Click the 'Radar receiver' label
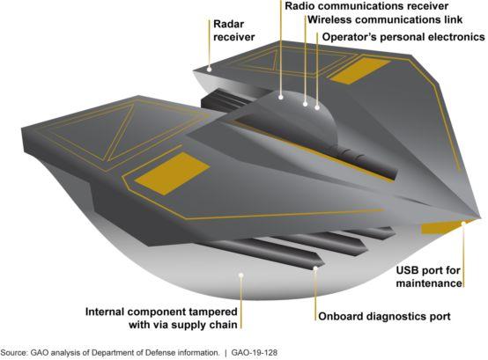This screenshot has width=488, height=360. (x=234, y=31)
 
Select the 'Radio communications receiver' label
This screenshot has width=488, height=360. (x=366, y=6)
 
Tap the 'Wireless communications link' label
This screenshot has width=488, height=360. (x=385, y=19)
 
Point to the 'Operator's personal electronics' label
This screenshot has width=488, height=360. (x=403, y=37)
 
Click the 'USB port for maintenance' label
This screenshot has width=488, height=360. (x=429, y=276)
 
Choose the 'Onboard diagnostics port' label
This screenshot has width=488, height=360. (x=384, y=317)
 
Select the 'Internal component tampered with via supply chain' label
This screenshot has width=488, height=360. (x=161, y=319)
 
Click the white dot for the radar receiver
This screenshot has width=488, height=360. (x=210, y=70)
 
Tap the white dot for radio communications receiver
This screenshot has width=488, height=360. (x=281, y=98)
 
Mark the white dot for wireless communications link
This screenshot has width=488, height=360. (x=306, y=104)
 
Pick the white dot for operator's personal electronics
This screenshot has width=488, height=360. (x=317, y=108)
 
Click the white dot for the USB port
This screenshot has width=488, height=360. (x=463, y=224)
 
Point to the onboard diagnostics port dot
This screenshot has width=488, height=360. (x=315, y=268)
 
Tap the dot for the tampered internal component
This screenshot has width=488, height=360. (x=240, y=275)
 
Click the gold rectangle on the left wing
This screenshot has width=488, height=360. (x=172, y=173)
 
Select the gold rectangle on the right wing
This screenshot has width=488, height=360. (x=360, y=70)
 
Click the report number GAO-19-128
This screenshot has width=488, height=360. (x=255, y=353)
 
